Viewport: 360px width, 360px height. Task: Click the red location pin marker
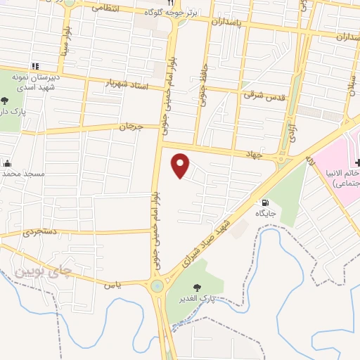(181, 166)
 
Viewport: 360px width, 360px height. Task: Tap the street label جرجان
(131, 127)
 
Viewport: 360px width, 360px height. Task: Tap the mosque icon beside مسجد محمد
(8, 162)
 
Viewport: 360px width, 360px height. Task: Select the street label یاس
(108, 285)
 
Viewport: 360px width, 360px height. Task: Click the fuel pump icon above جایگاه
(264, 202)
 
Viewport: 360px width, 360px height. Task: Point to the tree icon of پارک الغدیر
(196, 287)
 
